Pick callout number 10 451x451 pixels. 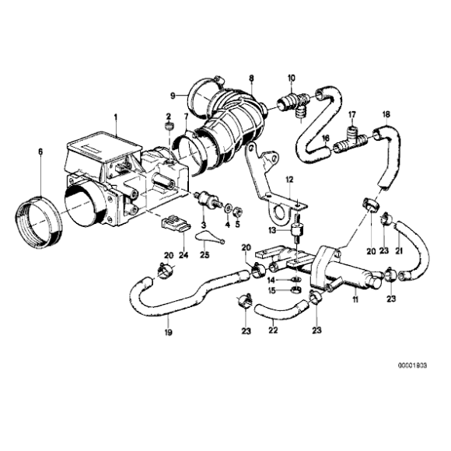click(292, 78)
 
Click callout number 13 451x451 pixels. click(272, 231)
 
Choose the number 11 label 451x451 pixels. click(355, 299)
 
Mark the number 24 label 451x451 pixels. click(184, 253)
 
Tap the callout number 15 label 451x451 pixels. click(272, 291)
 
